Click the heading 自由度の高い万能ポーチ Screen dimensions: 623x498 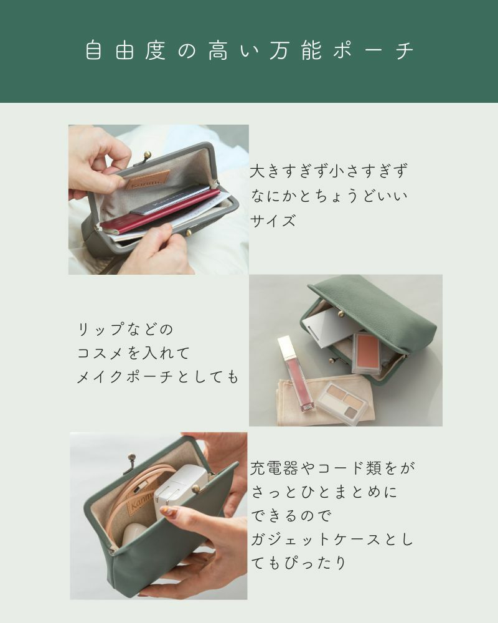249,51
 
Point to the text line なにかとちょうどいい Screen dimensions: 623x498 329,196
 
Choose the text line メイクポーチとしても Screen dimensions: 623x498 157,377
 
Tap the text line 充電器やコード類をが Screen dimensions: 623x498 332,467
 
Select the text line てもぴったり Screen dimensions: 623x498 298,563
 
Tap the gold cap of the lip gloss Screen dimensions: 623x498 286,346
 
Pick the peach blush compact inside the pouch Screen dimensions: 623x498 366,352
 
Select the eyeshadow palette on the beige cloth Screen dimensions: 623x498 342,402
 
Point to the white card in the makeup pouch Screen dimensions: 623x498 330,327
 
